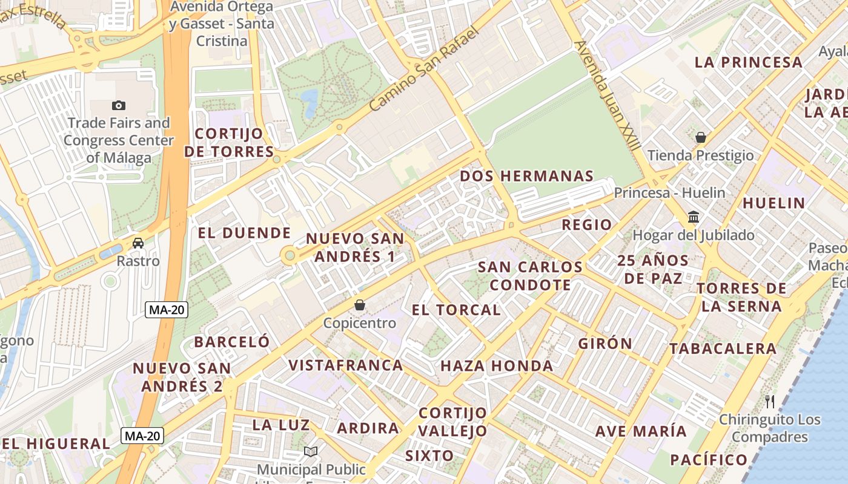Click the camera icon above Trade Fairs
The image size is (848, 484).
pyautogui.click(x=119, y=105)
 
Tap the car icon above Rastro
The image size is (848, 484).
pyautogui.click(x=138, y=243)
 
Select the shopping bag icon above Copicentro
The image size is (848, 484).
pyautogui.click(x=360, y=305)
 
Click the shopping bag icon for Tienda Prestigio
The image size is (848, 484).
pyautogui.click(x=701, y=137)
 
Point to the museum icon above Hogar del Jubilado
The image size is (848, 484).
pyautogui.click(x=694, y=217)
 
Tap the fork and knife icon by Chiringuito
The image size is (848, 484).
pyautogui.click(x=770, y=401)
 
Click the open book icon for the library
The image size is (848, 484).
pyautogui.click(x=311, y=451)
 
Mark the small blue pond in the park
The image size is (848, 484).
pyautogui.click(x=310, y=102)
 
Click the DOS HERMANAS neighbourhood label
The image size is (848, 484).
pyautogui.click(x=526, y=176)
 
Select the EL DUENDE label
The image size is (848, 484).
pyautogui.click(x=245, y=233)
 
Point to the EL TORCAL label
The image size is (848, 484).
pyautogui.click(x=456, y=310)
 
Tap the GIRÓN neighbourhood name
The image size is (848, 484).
pyautogui.click(x=605, y=344)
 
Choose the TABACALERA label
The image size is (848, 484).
pyautogui.click(x=723, y=348)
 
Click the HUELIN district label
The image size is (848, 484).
pyautogui.click(x=773, y=203)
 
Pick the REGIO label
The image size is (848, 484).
pyautogui.click(x=586, y=224)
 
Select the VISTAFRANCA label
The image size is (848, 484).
pyautogui.click(x=345, y=365)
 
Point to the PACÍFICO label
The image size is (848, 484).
pyautogui.click(x=709, y=460)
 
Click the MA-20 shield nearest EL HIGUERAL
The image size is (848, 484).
pyautogui.click(x=142, y=435)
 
